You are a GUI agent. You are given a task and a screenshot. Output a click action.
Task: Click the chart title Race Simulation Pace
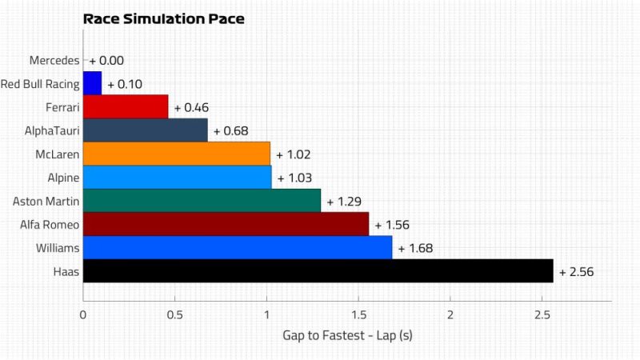pos(164,18)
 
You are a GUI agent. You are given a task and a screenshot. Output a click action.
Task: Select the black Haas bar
pos(318,271)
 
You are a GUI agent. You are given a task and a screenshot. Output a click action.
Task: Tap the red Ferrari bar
pos(126,106)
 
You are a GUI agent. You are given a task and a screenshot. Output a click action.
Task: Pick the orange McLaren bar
pos(176,154)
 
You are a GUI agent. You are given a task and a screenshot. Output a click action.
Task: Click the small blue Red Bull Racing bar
pos(92,83)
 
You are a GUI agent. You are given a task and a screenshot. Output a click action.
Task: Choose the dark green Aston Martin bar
pos(202,201)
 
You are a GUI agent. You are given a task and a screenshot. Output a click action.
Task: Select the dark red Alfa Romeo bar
pos(226,224)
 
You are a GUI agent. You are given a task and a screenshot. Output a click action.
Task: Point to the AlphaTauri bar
pos(145,130)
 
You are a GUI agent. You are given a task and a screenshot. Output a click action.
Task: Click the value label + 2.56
pos(576,272)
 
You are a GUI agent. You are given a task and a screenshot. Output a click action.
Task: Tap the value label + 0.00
pos(106,60)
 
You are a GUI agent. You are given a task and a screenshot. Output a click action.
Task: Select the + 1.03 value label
pos(294,178)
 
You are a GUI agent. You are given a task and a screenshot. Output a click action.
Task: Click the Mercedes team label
pos(54,60)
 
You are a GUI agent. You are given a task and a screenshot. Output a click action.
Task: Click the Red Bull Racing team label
pos(40,83)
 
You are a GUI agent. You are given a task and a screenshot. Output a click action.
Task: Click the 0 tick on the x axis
pos(83,314)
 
